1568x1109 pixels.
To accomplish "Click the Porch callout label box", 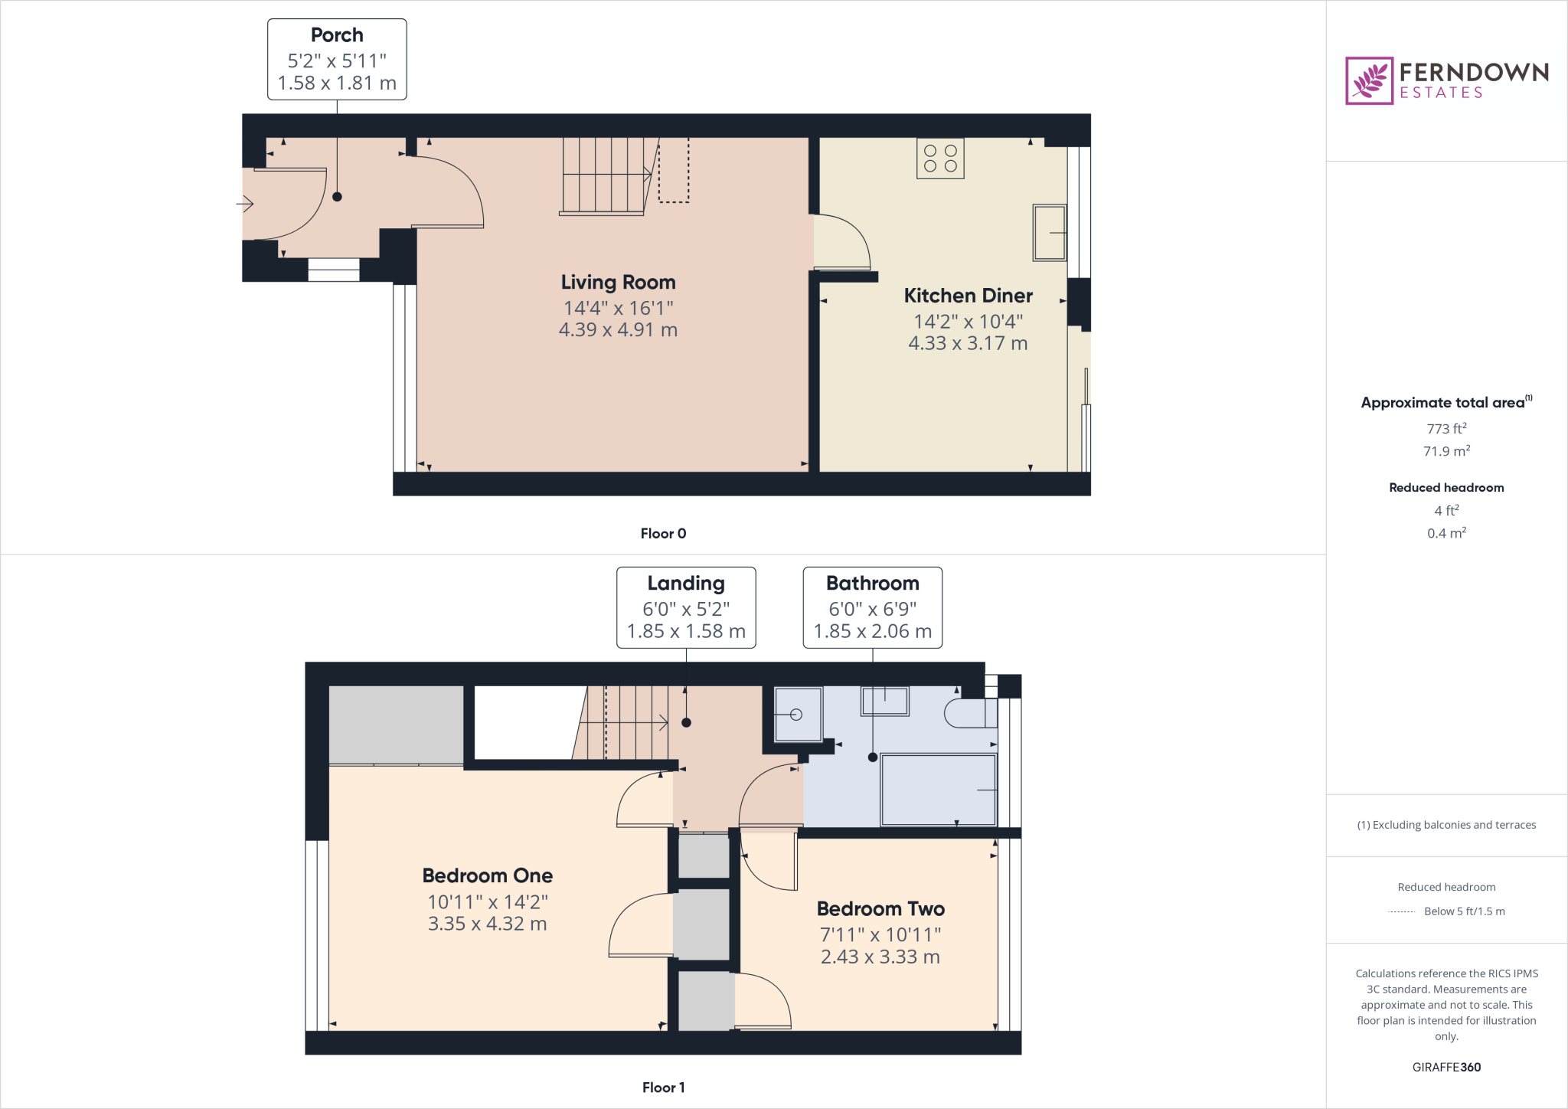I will [337, 60].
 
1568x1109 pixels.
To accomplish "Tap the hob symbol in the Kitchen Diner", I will [940, 159].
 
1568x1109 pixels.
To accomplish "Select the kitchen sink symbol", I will [1050, 233].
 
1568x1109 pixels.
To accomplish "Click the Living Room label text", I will [618, 283].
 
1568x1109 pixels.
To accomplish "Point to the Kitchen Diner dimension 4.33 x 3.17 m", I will [968, 343].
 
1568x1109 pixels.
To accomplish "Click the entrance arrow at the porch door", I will [245, 204].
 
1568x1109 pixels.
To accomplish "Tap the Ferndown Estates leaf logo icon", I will [1369, 80].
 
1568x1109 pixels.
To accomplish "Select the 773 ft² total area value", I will [1446, 429].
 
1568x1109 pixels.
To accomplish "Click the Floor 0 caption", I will [663, 534].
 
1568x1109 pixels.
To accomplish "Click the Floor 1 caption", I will [663, 1088].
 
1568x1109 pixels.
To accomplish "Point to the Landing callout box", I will [686, 608].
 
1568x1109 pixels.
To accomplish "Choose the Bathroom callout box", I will [872, 608].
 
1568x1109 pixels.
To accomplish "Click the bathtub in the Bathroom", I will [939, 790].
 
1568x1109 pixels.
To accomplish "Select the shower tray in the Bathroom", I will [798, 715].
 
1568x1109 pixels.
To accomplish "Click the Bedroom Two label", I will [880, 909].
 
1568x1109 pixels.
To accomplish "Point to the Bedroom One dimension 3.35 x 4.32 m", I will [487, 924].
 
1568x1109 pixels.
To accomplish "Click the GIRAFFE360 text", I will [1446, 1067].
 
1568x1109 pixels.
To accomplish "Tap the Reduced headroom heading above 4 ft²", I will [1446, 488].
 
